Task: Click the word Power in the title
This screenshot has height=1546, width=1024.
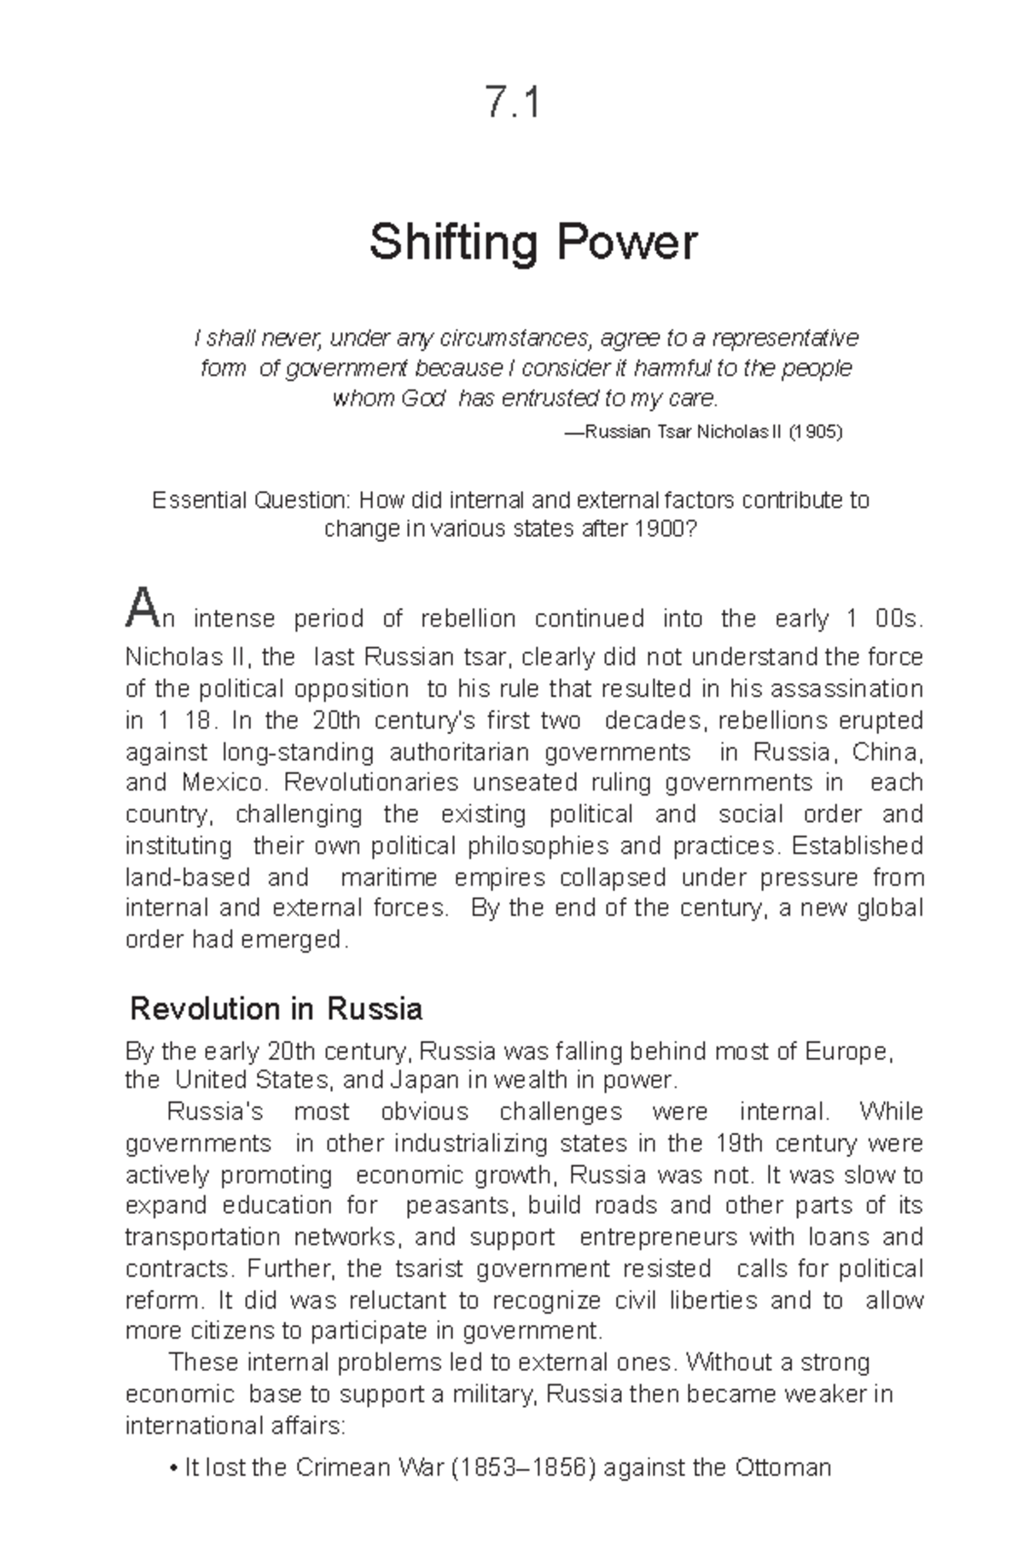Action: point(627,242)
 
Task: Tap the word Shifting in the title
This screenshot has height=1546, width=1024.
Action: point(452,242)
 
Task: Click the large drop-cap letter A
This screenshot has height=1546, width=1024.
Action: point(140,608)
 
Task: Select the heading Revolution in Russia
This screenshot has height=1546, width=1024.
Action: point(276,1009)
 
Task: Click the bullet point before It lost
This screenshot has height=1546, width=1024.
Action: point(173,1469)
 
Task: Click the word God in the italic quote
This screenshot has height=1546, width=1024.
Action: point(424,399)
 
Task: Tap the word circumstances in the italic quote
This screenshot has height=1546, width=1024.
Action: point(515,339)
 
